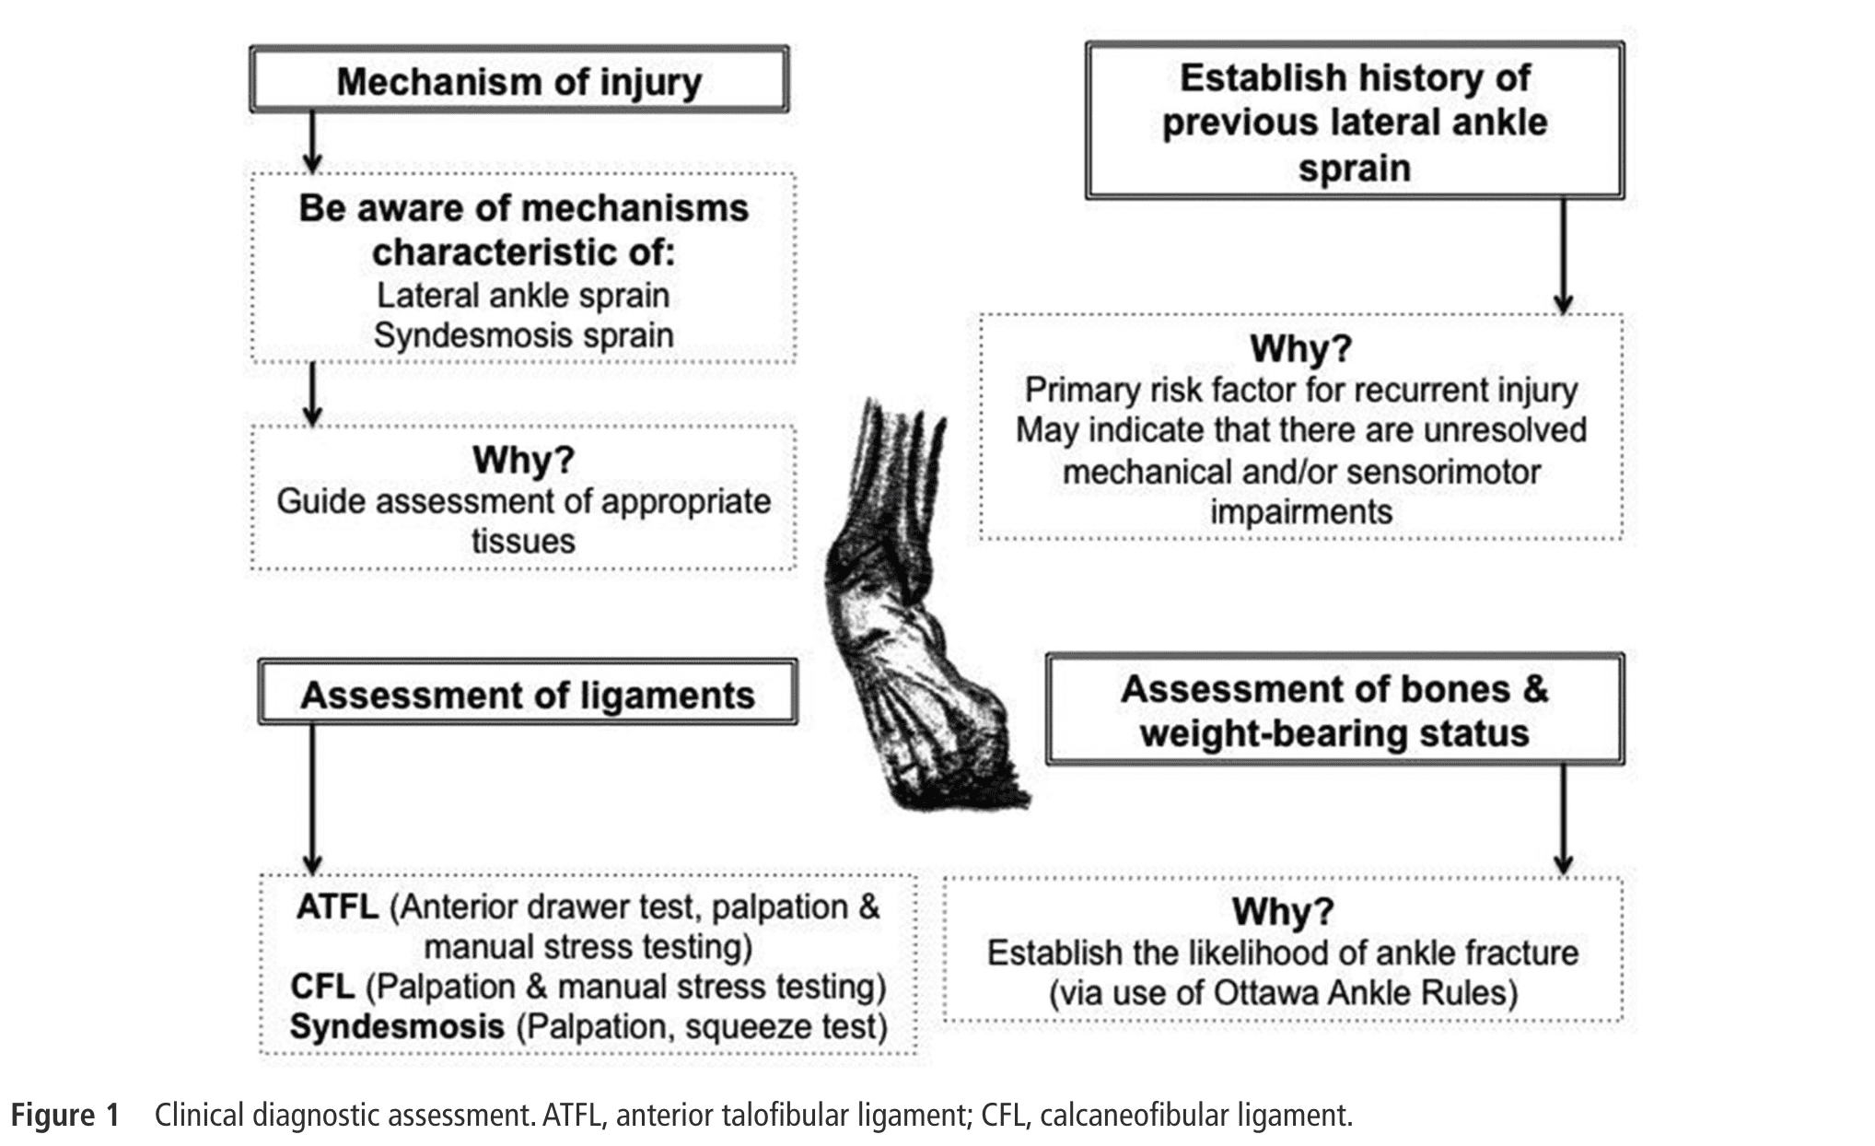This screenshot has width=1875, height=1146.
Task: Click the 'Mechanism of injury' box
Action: (518, 81)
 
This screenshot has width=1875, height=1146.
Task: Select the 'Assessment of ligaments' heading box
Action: (527, 694)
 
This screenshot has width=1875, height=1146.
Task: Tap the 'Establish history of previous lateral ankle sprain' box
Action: (1354, 122)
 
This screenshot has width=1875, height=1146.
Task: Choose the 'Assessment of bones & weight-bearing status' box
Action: (1333, 710)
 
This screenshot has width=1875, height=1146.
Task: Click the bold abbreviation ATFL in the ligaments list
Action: (337, 906)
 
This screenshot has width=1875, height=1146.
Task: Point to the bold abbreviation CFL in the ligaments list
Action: (322, 987)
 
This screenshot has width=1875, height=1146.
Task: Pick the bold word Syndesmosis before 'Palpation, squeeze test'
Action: (397, 1026)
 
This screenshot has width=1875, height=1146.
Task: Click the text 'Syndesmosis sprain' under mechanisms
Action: (523, 335)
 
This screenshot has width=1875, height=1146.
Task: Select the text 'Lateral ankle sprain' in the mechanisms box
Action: (523, 296)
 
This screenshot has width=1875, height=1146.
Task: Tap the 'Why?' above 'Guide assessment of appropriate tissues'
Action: (523, 459)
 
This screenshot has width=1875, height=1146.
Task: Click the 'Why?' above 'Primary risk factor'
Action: (1300, 348)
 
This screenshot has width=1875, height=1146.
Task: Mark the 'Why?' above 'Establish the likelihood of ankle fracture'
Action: (1282, 911)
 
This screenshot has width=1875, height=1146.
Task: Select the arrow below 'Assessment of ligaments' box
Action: (312, 798)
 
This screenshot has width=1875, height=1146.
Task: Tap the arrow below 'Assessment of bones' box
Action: (1563, 818)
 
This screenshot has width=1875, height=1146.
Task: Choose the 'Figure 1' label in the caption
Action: (65, 1115)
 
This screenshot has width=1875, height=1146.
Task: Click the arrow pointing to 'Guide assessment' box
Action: (312, 394)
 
